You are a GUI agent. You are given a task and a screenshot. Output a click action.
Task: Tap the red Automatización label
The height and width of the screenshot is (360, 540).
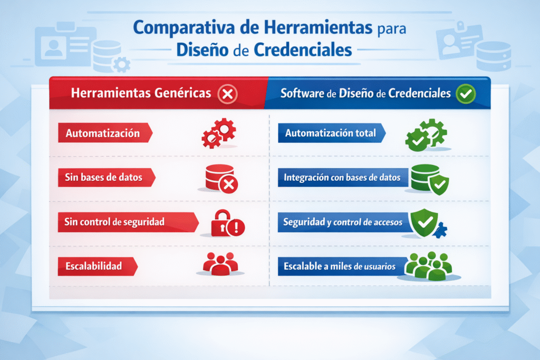103,133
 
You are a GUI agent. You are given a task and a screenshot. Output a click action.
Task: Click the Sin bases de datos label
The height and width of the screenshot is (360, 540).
104,178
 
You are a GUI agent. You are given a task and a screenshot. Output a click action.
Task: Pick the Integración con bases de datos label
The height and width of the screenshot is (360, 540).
342,178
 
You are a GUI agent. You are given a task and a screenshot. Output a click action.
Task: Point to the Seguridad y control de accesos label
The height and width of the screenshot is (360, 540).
343,222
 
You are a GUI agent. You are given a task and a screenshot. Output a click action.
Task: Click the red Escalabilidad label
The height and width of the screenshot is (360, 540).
94,266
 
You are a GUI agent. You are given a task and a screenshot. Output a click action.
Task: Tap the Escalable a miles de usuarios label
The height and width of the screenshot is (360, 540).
340,266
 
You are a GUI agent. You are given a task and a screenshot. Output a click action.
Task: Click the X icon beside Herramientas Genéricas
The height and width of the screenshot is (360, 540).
227,94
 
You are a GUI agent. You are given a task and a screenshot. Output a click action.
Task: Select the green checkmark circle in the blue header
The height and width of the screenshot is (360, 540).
466,94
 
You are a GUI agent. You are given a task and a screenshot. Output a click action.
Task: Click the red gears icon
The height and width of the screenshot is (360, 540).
219,133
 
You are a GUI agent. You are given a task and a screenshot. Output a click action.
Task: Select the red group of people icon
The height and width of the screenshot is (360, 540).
220,264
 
